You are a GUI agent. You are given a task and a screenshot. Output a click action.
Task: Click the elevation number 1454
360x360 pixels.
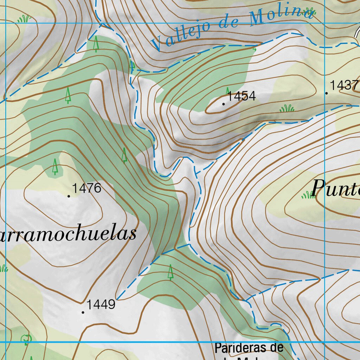click(242, 96)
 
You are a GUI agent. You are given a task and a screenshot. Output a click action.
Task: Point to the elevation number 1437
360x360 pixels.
click(344, 85)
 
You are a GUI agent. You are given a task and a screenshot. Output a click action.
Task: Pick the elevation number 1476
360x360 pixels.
click(87, 188)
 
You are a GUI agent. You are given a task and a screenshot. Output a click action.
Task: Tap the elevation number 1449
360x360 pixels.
click(101, 304)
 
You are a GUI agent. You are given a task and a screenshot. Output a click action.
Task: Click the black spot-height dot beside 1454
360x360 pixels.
click(224, 104)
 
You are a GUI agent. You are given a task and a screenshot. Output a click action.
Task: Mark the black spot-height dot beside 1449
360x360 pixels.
click(83, 312)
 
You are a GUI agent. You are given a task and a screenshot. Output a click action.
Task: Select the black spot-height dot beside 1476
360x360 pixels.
click(69, 196)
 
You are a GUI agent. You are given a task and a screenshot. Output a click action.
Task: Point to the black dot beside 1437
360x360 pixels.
click(327, 93)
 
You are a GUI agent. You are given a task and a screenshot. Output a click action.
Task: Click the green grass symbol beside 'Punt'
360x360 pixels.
click(308, 194)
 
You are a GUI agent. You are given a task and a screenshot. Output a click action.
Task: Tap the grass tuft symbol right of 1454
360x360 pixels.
click(287, 109)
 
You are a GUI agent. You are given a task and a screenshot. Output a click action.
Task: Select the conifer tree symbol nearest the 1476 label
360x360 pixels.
click(55, 167)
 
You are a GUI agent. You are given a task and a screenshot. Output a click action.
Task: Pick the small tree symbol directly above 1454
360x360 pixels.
click(227, 91)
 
